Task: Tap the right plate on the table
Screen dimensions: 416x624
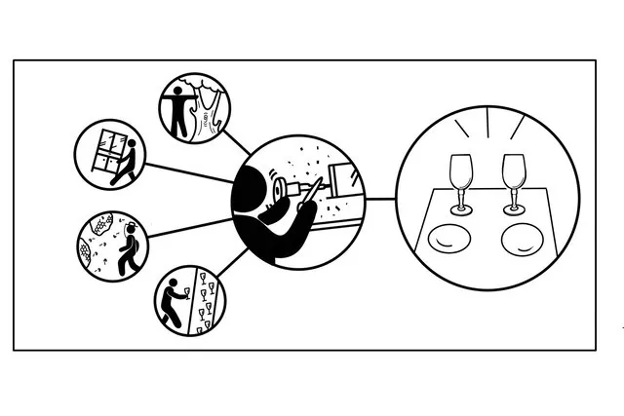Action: (521, 240)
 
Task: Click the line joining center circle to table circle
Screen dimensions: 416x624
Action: (380, 200)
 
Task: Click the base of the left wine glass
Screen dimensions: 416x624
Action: (459, 208)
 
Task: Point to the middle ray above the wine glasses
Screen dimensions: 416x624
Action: (485, 119)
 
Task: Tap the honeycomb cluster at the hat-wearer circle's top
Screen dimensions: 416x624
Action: (97, 226)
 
